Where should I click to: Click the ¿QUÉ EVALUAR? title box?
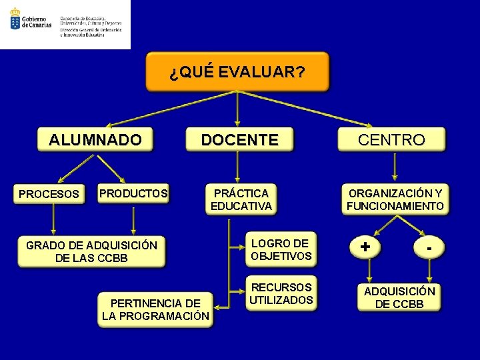[x=237, y=72]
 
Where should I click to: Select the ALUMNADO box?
[x=95, y=139]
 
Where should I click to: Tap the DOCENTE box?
[x=239, y=139]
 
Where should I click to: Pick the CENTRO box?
[x=391, y=139]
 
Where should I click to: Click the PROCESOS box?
[x=49, y=194]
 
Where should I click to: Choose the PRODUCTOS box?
[x=133, y=193]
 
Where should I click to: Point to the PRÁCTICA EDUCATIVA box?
[x=241, y=199]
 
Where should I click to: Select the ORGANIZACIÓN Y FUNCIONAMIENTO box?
[x=395, y=199]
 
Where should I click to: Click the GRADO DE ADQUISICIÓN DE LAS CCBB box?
[x=91, y=251]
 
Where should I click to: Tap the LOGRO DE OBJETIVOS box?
[x=281, y=249]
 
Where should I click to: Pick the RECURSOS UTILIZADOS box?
[x=281, y=293]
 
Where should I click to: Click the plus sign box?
[x=365, y=247]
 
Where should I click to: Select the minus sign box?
[x=430, y=247]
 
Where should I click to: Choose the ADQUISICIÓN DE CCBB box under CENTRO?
[x=399, y=297]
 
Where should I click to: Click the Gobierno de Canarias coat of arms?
[x=14, y=19]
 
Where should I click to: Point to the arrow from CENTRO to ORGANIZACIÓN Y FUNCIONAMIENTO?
[x=395, y=167]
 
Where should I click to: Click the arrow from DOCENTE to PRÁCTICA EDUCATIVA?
[x=239, y=167]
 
